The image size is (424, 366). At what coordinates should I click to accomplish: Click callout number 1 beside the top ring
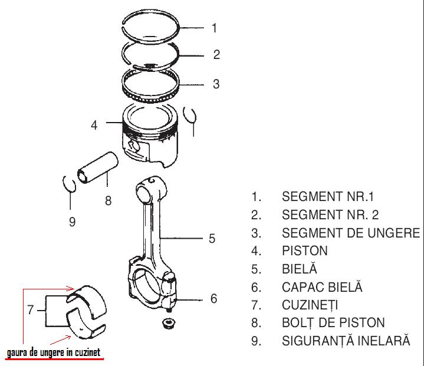point(214,28)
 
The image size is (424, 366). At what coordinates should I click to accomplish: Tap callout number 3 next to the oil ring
point(216,84)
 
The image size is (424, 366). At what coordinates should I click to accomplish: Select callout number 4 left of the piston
point(94,125)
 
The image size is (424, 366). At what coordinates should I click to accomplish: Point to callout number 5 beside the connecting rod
point(212,239)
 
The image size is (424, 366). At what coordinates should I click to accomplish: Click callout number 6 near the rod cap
point(213,299)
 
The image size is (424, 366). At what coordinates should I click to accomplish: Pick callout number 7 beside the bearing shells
point(30,310)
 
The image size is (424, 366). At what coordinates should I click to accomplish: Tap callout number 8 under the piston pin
point(108,201)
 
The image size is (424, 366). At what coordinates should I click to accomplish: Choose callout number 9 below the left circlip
point(72,222)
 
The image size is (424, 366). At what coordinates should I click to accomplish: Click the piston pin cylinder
point(98,167)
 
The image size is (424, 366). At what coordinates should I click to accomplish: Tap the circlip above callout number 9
point(69,184)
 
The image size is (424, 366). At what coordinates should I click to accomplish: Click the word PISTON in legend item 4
point(305,251)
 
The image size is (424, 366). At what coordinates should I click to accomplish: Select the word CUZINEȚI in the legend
point(310,305)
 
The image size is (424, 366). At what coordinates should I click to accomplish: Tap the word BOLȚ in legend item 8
point(298,323)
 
